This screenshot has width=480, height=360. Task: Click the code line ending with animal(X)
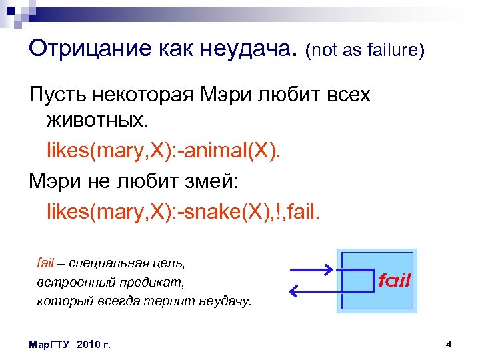(164, 150)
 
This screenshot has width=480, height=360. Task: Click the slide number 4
(449, 344)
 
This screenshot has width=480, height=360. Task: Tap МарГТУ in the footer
(50, 344)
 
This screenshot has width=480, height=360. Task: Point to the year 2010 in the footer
(87, 344)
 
